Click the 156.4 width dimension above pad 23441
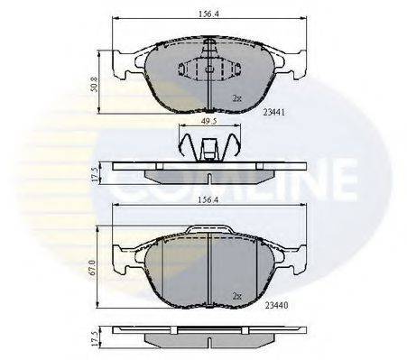(208, 14)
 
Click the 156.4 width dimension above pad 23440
(208, 200)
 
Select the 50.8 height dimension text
(94, 84)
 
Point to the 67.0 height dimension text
(92, 268)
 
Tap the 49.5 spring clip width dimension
(209, 121)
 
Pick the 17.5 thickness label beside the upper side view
(94, 174)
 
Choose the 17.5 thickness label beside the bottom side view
(94, 339)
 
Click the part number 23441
(273, 112)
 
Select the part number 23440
(276, 305)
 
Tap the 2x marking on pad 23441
(237, 97)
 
